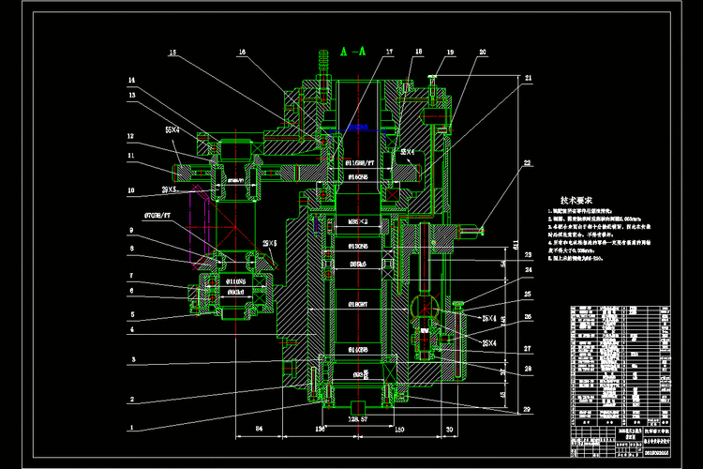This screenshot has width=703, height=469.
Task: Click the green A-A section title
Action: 353,51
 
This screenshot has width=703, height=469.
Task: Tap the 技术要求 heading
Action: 578,200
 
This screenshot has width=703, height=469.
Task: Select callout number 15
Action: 172,53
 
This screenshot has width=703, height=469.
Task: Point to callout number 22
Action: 526,164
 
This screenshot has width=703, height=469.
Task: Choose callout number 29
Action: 526,410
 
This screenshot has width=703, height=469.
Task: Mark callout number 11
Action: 132,156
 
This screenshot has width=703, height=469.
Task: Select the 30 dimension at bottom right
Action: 450,431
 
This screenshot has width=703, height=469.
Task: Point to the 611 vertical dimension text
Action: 516,246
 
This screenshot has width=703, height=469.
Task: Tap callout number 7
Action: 132,276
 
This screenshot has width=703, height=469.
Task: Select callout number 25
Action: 526,294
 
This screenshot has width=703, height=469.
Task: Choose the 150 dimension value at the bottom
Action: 398,431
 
